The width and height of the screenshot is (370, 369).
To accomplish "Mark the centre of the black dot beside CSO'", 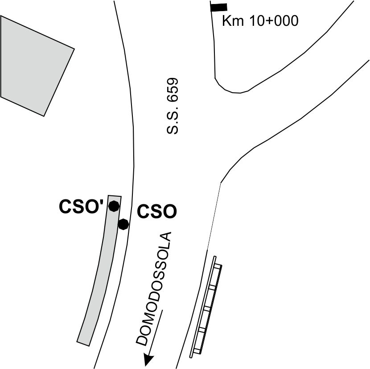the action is coord(114,206).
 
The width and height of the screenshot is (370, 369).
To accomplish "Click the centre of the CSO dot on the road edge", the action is coord(123,224).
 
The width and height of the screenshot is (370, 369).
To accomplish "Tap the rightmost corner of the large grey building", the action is coord(74,49).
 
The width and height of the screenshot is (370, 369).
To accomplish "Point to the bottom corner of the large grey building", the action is coord(44,116).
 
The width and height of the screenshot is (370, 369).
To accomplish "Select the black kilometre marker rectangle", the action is coord(219,7).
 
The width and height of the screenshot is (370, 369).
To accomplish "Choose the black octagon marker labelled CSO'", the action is coord(114,206).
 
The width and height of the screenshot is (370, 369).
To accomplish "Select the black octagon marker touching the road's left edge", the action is coord(123,224).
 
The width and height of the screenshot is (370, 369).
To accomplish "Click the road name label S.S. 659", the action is coord(172,106).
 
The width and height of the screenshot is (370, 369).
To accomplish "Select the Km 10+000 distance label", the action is coord(260,21).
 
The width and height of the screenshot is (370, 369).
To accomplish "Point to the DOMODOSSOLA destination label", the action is coord(153,289).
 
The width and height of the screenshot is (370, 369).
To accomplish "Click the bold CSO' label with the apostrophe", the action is coord(81,207).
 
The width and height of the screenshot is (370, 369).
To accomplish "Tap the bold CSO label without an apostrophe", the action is coord(157,211).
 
